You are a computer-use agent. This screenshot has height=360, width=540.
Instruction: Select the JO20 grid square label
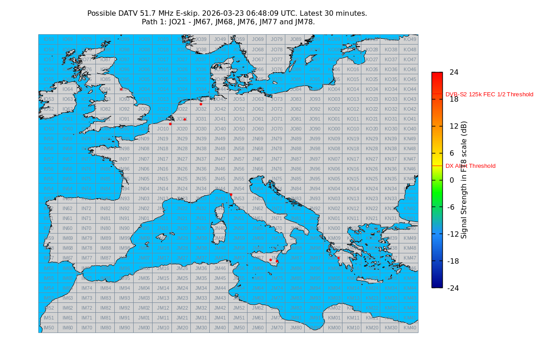[182, 129]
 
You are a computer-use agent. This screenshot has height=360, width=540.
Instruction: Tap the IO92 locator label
[125, 109]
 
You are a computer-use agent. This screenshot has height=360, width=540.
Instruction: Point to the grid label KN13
[353, 198]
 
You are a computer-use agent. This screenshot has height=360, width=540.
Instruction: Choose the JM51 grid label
[239, 318]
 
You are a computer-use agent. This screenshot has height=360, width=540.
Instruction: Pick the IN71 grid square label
[86, 218]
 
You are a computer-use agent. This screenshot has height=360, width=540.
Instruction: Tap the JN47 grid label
[220, 159]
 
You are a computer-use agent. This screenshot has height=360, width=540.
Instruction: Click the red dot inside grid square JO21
[184, 119]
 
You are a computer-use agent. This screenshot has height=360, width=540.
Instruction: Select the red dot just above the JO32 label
[201, 104]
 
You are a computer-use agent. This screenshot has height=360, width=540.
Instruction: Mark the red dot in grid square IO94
[121, 89]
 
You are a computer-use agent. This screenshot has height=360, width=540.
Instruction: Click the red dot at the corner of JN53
[231, 194]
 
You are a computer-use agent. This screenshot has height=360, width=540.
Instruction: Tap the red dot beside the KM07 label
[339, 258]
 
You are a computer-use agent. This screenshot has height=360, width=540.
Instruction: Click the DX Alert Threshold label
[470, 166]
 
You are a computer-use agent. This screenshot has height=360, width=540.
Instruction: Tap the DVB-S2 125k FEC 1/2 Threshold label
[489, 94]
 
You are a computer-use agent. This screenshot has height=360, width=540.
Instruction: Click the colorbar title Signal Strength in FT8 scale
[464, 180]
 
